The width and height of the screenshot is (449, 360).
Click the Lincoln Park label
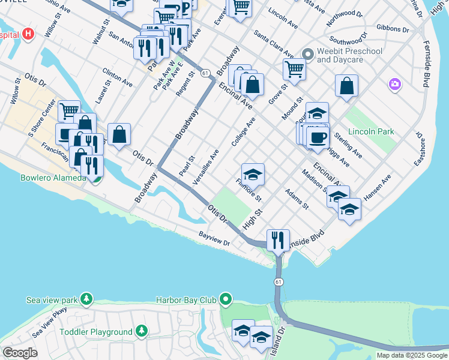coord(370,131)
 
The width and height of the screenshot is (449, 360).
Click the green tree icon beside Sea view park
coord(87,299)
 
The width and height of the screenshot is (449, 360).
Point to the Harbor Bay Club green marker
coord(226,299)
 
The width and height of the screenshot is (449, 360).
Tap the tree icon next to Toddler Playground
coord(141,331)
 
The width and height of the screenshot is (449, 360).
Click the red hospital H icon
coord(27,35)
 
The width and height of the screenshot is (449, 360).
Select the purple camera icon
coord(394,83)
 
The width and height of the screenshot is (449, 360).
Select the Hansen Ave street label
coord(377,187)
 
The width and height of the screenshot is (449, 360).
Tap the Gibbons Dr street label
coord(393,28)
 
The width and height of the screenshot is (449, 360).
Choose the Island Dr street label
coord(277,341)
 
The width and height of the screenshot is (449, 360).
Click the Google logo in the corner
coord(20,353)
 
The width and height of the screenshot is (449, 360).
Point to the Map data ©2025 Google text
coord(412,355)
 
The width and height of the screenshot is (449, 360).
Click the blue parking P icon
coord(185,8)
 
